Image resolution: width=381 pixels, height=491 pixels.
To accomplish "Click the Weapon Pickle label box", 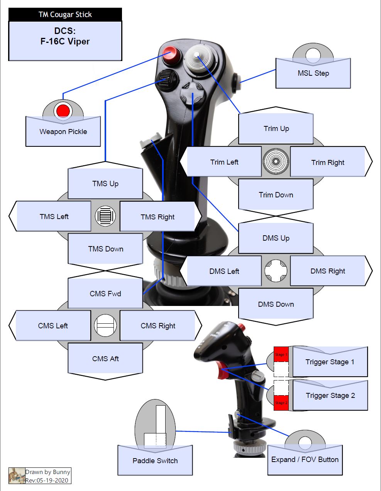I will point(63,132).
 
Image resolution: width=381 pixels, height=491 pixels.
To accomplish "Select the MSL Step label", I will point(313,73).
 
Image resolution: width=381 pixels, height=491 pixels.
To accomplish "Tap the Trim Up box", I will point(276,129).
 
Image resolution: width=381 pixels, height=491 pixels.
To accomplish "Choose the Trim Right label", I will point(328,162).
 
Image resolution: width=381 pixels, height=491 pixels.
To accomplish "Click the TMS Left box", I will point(54,216).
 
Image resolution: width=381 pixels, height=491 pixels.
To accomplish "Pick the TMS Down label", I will point(105,249).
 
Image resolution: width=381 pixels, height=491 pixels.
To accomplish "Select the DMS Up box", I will point(276,238).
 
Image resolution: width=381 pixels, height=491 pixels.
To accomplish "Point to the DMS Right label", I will point(328,271).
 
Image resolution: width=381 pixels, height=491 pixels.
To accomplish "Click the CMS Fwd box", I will point(105,294).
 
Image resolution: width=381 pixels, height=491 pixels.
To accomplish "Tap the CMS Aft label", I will point(105,358).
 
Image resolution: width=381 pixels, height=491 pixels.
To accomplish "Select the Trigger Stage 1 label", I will point(330,362).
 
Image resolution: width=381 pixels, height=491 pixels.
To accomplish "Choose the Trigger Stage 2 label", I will point(330,395).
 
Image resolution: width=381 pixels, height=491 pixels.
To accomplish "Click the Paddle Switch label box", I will point(155,460).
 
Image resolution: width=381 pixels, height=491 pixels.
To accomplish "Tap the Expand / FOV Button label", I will point(305,459).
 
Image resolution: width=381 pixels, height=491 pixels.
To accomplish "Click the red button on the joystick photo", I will point(170,53).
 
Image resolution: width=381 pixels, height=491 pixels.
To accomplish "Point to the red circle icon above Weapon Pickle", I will point(63,111).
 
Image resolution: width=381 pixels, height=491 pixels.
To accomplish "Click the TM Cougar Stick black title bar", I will point(65,15).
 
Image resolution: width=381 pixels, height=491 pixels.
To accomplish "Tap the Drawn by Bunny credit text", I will point(48,472).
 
